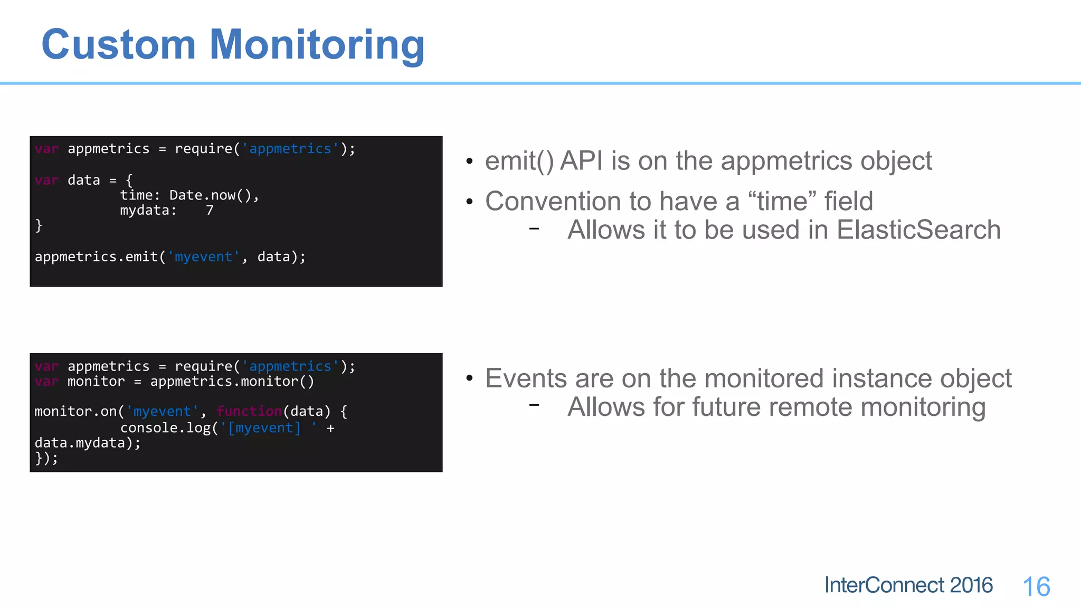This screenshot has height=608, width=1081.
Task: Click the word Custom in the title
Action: coord(119,45)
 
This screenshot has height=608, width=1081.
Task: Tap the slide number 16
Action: coord(1036,587)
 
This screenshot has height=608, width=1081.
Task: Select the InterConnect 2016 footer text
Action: coord(908,585)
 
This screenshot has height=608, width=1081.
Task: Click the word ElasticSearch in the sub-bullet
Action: coord(918,230)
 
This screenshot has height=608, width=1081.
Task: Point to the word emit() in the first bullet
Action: coord(519,161)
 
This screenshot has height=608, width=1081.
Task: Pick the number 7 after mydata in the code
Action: coord(210,211)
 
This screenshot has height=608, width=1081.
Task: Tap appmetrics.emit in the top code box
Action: coord(97,257)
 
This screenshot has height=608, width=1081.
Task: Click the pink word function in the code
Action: coord(249,411)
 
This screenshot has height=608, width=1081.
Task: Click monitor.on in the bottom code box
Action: coord(75,411)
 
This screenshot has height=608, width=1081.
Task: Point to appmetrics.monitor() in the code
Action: coord(232,382)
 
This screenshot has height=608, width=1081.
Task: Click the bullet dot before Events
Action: coord(469,379)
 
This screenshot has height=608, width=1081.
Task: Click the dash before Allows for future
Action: coord(534,405)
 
